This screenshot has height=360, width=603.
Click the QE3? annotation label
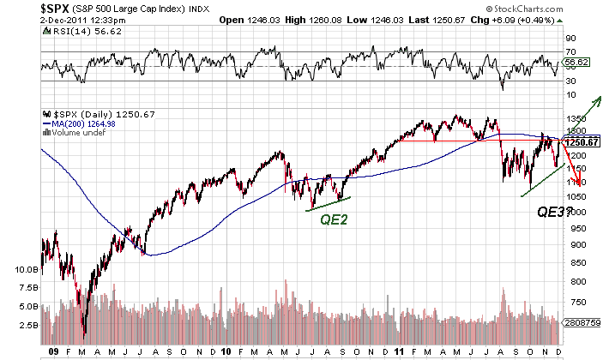pyautogui.click(x=556, y=211)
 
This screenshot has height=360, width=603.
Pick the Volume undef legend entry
pyautogui.click(x=74, y=131)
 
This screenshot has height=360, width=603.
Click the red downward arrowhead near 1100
pyautogui.click(x=582, y=181)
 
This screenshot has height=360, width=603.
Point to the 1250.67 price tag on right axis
pyautogui.click(x=581, y=141)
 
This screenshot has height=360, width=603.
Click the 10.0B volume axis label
pyautogui.click(x=28, y=268)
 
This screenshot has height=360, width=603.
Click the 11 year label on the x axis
pyautogui.click(x=401, y=351)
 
